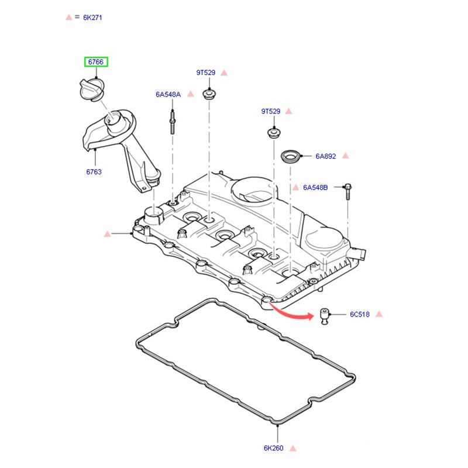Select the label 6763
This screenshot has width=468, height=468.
coord(94,171)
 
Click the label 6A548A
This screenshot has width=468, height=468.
coord(168,94)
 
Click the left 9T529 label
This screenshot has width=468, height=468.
coord(205,73)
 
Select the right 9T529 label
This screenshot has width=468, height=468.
coord(271,111)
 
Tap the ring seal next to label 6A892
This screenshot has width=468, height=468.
coord(291,157)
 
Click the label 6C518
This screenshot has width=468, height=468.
coord(360,314)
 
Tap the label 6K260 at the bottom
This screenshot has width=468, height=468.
coord(273,448)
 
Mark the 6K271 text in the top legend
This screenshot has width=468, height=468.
coord(92,18)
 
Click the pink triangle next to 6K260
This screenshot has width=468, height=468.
coord(293,448)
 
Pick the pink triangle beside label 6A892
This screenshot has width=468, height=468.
coord(345,156)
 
